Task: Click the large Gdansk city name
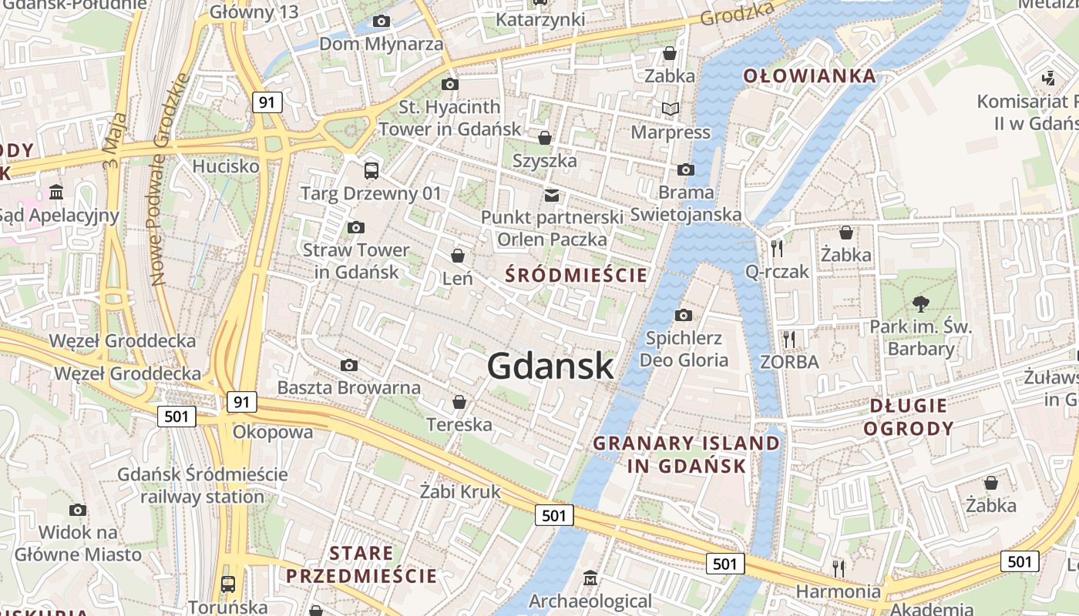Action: pos(550,366)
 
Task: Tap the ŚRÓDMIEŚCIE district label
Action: pos(576,275)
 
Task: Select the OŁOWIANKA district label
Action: pos(809,75)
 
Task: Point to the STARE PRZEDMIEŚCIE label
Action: pos(361,564)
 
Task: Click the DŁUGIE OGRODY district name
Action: pos(909,417)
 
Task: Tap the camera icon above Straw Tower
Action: pos(355,227)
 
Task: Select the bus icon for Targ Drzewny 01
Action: pos(371,170)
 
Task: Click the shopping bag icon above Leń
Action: pos(458,255)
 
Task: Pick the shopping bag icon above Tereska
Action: pos(459,402)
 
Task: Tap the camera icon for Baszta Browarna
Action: pos(349,365)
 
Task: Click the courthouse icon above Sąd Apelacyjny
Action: pos(56,192)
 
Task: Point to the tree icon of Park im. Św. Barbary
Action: pos(920,303)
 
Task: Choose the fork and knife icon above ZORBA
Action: pos(788,339)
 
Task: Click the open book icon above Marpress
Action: pos(671,109)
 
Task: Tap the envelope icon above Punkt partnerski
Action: pos(552,196)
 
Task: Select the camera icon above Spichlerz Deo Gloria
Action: pos(683,315)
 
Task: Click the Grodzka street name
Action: pos(736,13)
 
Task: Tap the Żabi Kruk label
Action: pos(460,491)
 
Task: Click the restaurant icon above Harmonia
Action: pos(838,568)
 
